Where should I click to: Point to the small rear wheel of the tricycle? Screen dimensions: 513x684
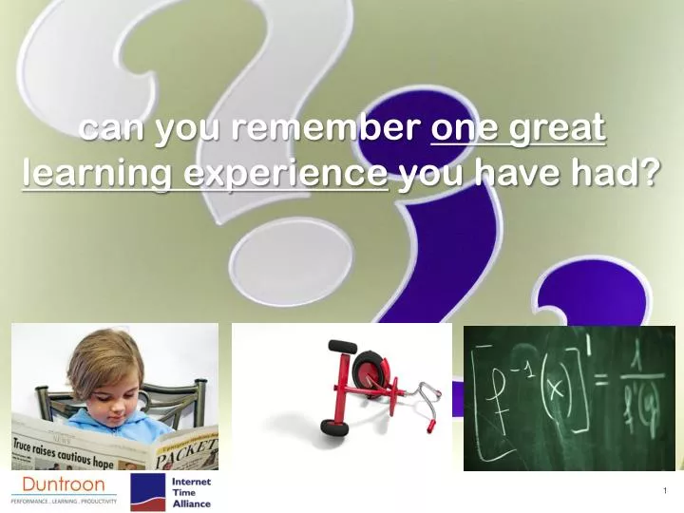coord(333,427)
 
